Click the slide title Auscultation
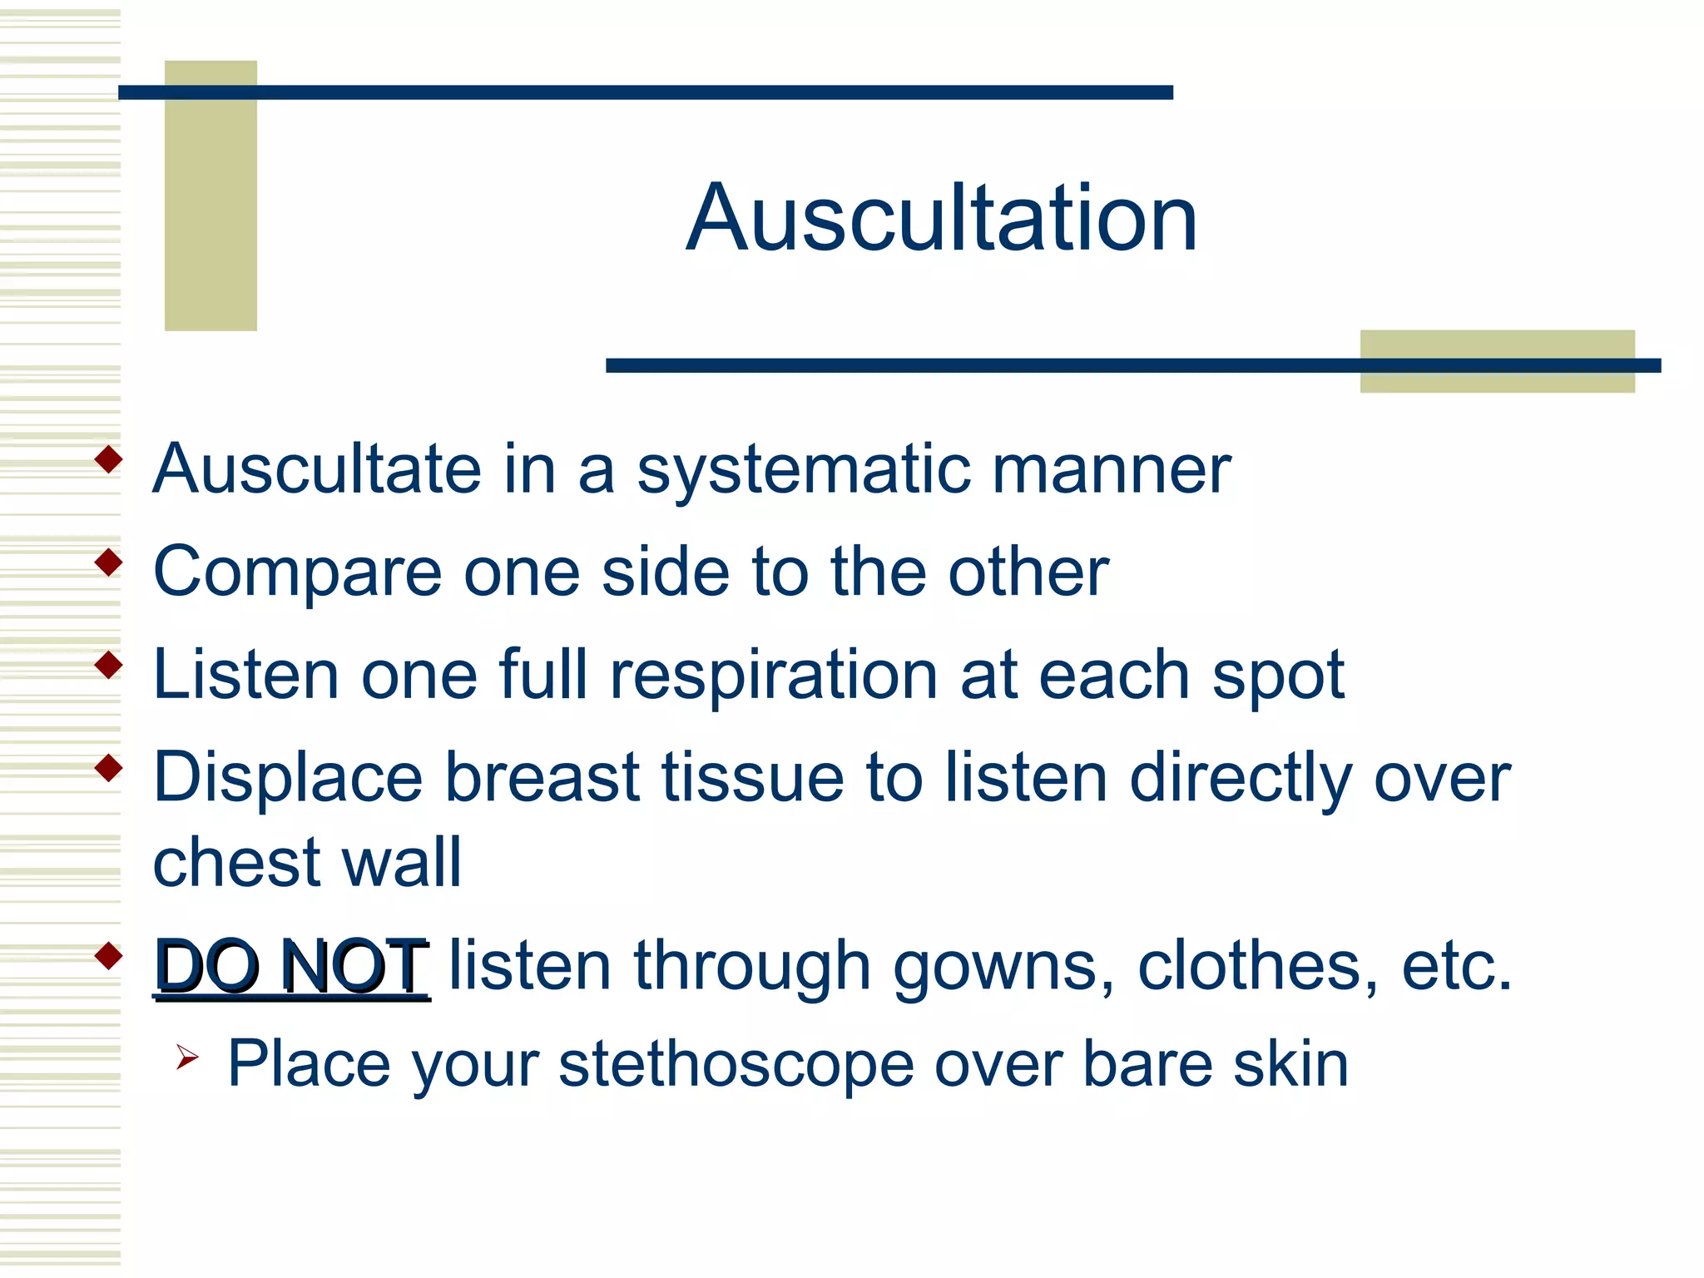[941, 219]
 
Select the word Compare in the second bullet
[297, 572]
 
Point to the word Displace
[288, 778]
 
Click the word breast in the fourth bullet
[542, 778]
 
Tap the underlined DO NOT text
[291, 966]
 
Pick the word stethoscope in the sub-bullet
[736, 1066]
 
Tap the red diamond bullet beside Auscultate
[109, 459]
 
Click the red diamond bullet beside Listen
[109, 665]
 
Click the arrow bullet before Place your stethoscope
[187, 1058]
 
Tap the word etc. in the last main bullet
[1456, 966]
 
